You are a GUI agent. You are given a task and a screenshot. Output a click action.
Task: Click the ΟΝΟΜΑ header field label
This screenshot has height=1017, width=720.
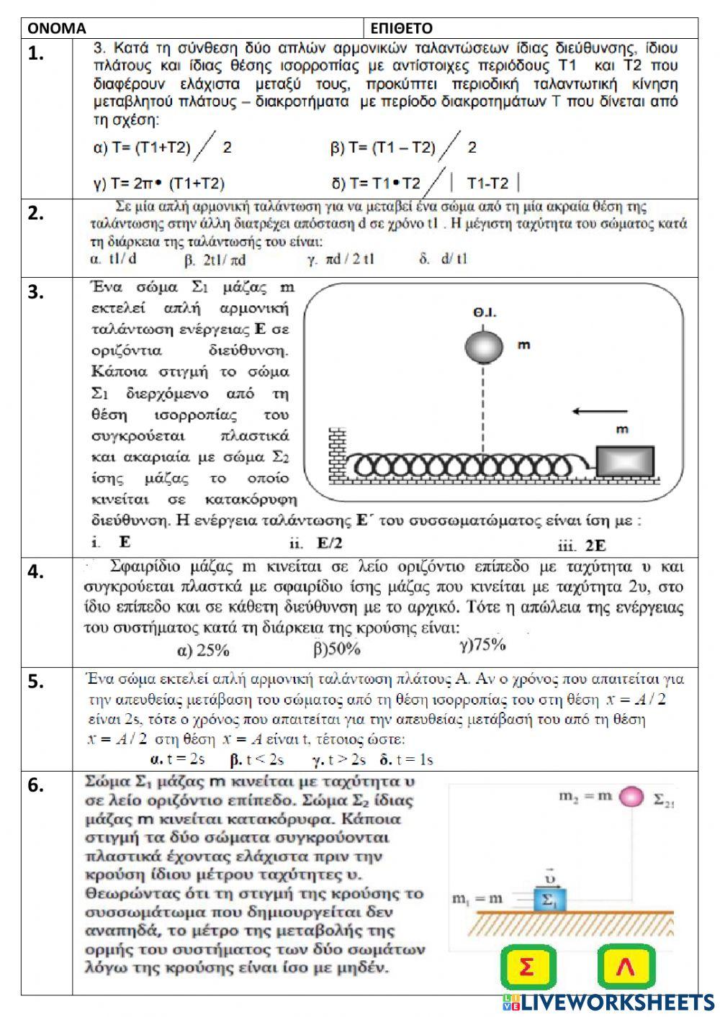(57, 28)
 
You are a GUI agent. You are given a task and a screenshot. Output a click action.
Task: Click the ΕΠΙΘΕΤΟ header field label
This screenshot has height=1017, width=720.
(401, 28)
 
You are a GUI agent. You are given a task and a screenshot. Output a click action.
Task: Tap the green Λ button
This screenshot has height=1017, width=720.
(625, 968)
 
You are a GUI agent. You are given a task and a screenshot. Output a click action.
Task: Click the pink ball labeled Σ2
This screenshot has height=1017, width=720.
(631, 797)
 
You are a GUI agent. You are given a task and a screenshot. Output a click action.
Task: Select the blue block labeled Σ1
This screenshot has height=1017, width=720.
(550, 900)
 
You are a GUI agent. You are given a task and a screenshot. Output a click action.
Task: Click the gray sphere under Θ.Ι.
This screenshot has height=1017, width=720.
(483, 347)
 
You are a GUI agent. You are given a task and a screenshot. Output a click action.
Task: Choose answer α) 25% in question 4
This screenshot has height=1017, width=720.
(202, 651)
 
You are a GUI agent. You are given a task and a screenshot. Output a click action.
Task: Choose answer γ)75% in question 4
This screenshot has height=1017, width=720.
(482, 645)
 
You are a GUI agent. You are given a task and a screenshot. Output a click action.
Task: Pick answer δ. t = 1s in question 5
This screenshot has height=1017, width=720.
(406, 759)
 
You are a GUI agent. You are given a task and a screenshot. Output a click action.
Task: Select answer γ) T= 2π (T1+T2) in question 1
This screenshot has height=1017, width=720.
(159, 183)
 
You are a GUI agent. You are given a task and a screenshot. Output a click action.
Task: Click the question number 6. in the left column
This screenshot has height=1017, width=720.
(36, 785)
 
